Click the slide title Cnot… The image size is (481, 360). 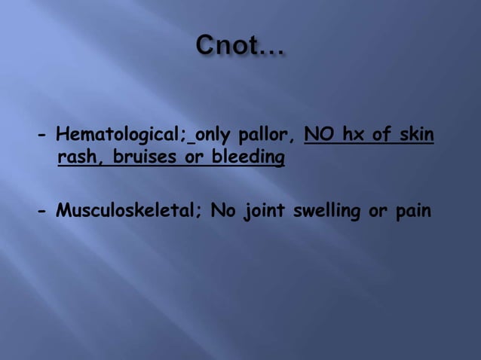tap(240, 47)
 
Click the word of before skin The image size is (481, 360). tap(381, 136)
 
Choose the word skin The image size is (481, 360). tap(417, 136)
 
